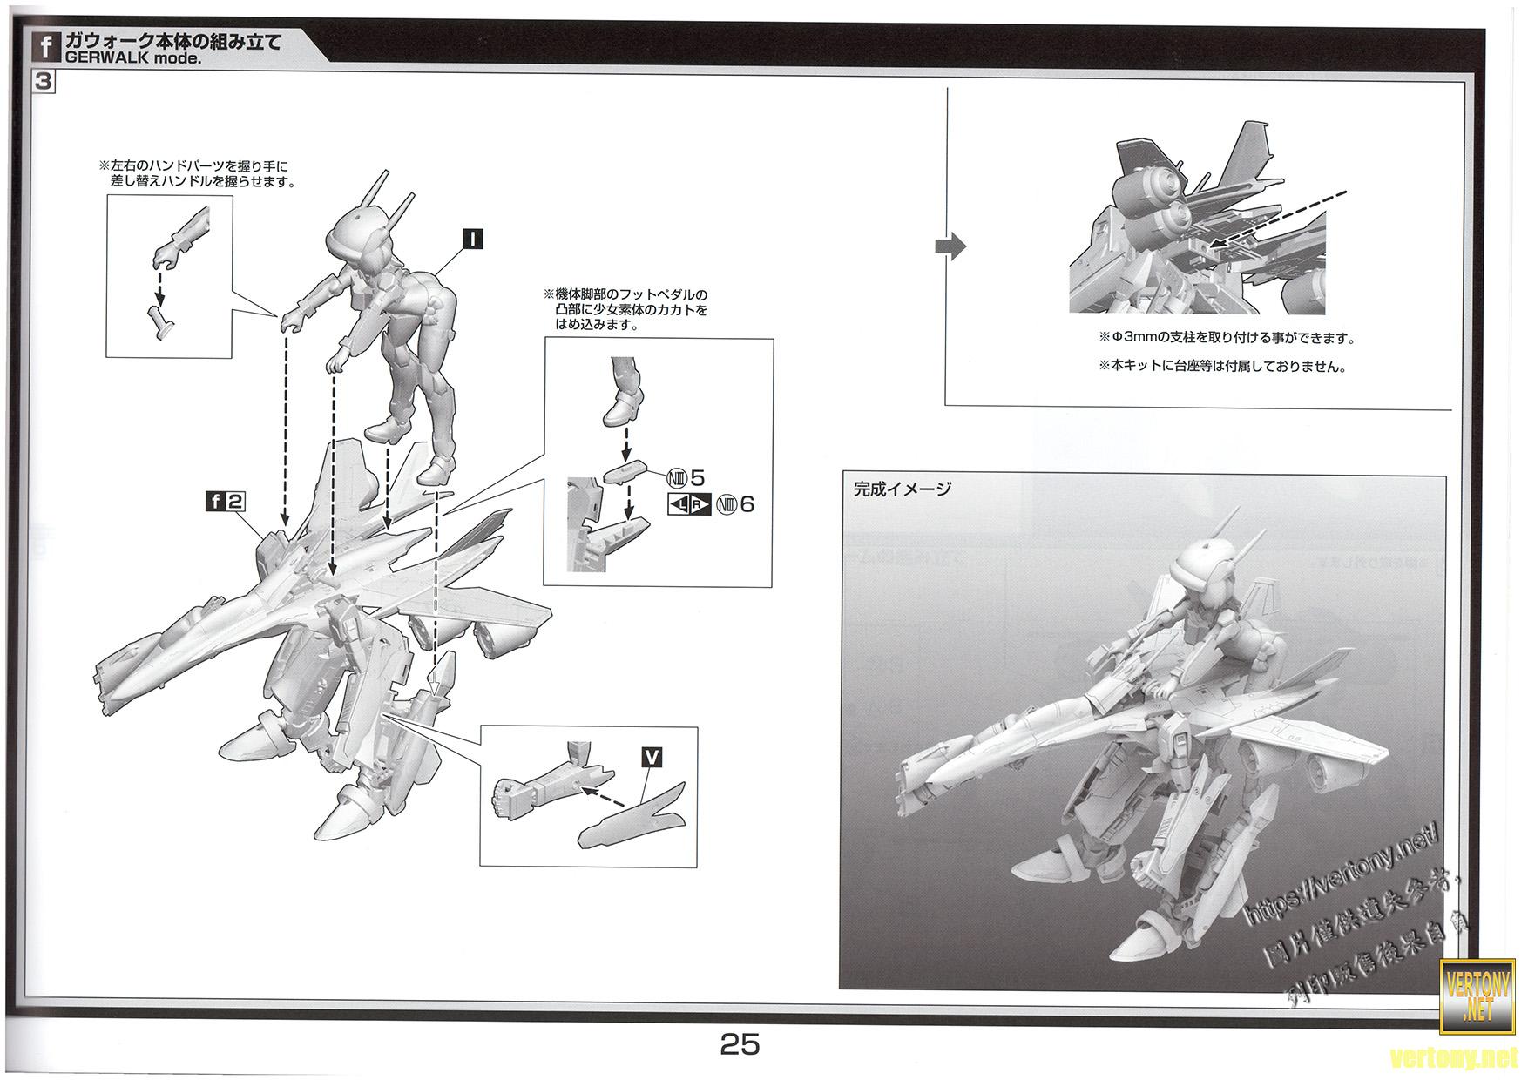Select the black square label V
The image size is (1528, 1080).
point(651,758)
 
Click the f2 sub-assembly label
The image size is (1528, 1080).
point(225,501)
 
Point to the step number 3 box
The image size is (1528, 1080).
point(44,82)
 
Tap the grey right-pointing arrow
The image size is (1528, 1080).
point(950,246)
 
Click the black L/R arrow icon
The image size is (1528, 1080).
point(689,504)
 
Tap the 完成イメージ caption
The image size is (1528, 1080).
point(903,489)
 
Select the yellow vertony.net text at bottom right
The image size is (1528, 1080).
point(1460,1058)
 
